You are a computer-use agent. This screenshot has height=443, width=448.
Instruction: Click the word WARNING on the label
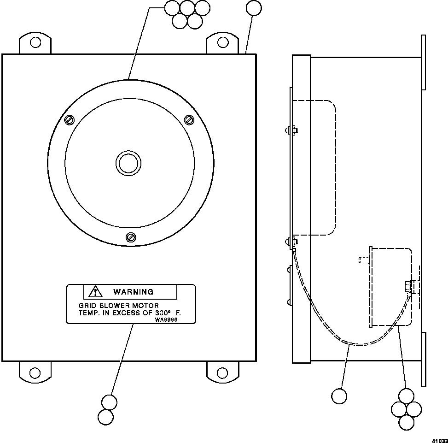(x=133, y=292)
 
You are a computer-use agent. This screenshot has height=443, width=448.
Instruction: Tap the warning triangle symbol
(x=95, y=291)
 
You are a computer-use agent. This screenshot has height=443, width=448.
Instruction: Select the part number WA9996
(x=166, y=319)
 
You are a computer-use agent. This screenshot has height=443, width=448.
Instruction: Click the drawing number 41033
(x=440, y=440)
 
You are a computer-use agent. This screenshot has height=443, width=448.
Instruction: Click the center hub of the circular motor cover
(x=128, y=163)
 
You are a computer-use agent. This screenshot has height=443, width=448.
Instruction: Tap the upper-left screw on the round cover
(x=69, y=120)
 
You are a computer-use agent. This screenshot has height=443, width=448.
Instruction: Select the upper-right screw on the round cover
(x=189, y=120)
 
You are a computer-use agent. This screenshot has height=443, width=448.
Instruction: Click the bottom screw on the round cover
(x=131, y=237)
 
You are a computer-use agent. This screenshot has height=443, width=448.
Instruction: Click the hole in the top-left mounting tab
(x=35, y=42)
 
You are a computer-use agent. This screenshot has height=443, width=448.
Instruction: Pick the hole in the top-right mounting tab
(x=223, y=42)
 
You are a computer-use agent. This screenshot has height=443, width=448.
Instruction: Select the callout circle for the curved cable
(x=339, y=396)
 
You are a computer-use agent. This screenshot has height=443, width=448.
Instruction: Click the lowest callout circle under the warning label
(x=106, y=417)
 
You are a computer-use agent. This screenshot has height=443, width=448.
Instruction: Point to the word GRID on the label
(x=87, y=305)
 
